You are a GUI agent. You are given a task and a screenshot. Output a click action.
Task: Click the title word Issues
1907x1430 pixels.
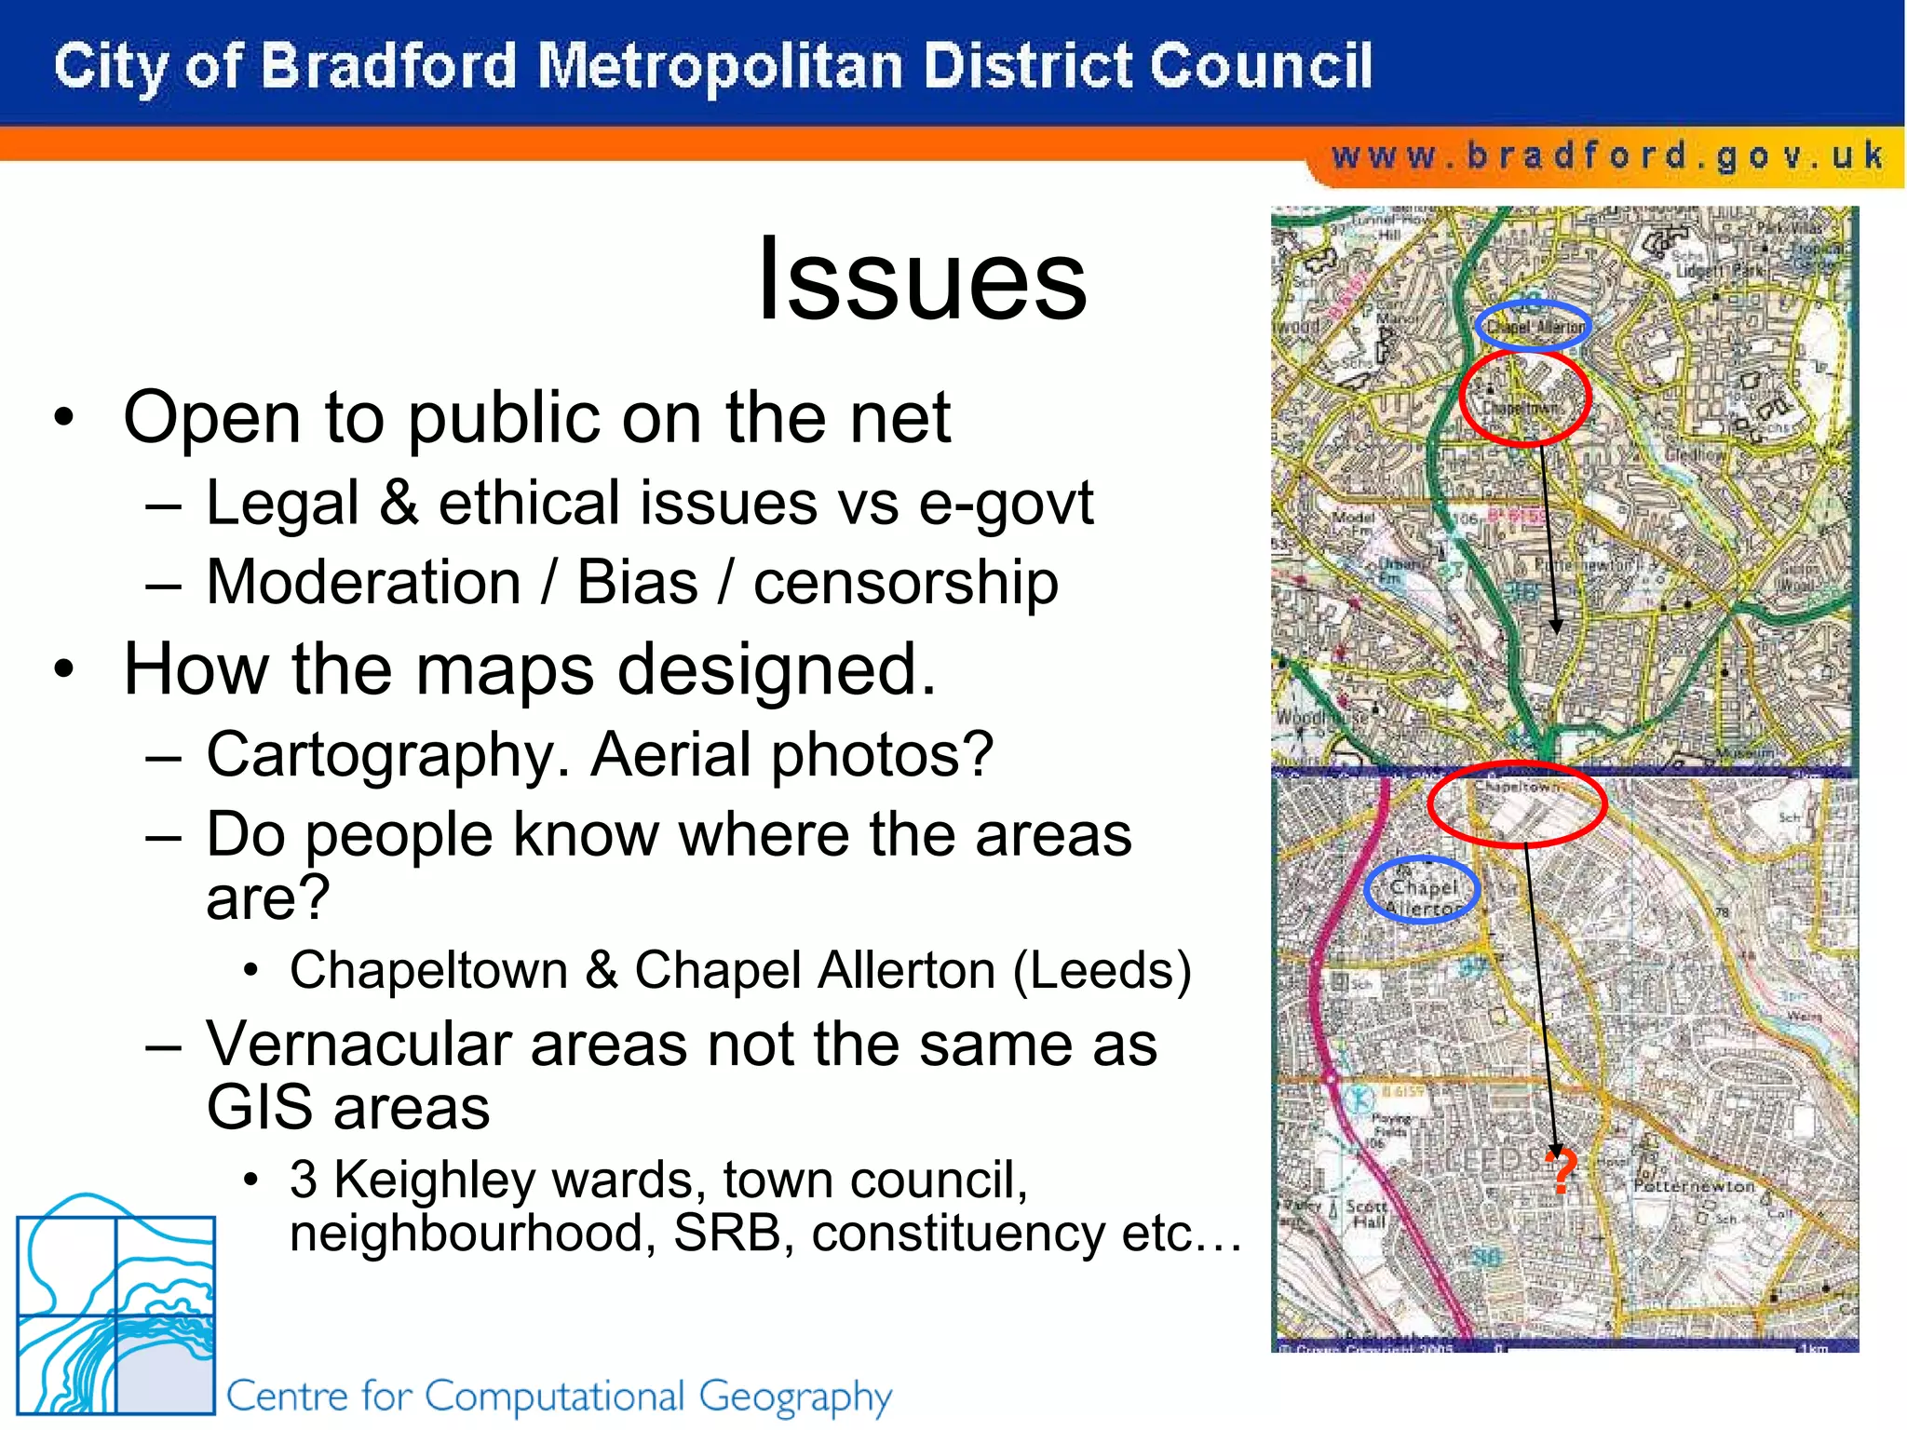tap(922, 278)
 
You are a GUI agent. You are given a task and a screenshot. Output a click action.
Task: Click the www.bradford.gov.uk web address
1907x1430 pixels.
tap(1607, 155)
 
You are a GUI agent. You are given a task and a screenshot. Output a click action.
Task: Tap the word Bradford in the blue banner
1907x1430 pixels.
tap(387, 67)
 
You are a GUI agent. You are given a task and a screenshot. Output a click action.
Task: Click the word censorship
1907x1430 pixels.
tap(905, 583)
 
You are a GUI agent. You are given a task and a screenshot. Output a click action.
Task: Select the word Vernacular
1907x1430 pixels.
tap(358, 1044)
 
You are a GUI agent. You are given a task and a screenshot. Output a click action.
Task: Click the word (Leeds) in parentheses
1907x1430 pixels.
tap(1102, 970)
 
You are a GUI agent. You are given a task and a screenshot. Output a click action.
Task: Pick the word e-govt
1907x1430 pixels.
tap(1006, 503)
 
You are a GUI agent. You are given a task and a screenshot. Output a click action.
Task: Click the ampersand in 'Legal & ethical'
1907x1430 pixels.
tap(399, 503)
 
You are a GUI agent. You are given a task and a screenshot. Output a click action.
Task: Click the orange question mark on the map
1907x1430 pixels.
tap(1561, 1171)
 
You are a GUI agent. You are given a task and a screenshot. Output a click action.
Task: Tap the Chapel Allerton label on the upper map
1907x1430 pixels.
tap(1533, 327)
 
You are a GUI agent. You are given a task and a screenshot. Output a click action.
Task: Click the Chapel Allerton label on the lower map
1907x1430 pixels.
tap(1422, 897)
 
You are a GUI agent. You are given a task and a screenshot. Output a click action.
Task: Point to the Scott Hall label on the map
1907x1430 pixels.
tap(1367, 1214)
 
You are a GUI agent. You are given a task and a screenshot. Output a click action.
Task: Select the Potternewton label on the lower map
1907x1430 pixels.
tap(1694, 1187)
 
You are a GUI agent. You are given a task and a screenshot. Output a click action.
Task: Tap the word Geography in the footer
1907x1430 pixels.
tap(795, 1396)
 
